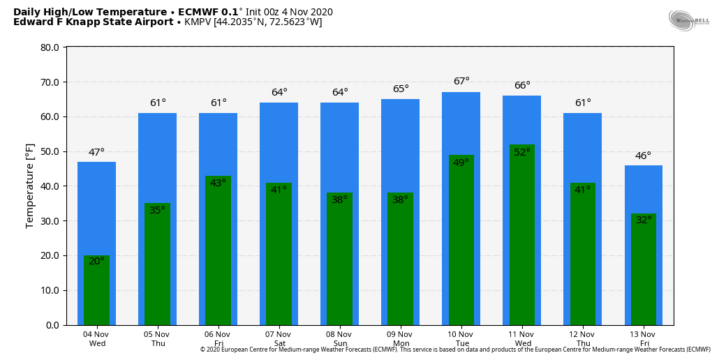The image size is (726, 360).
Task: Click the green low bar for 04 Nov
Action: (96, 293)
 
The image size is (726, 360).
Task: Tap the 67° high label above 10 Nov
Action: (461, 82)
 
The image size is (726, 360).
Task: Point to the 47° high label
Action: (96, 153)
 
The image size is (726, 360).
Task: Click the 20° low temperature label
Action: (96, 262)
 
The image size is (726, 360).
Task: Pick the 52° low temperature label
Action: (521, 153)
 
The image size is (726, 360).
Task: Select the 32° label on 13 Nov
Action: (643, 220)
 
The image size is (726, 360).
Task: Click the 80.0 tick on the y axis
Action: (50, 48)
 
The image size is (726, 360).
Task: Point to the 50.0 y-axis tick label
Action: (50, 152)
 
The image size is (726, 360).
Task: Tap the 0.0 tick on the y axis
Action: (52, 325)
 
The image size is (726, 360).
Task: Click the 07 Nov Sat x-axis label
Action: (279, 339)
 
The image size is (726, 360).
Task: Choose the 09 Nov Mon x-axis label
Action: (400, 339)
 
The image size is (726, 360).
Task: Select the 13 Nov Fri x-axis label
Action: (643, 339)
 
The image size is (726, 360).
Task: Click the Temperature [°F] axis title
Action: (30, 186)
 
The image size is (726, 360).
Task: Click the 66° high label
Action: (522, 86)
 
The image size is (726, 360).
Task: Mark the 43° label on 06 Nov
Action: (218, 183)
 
